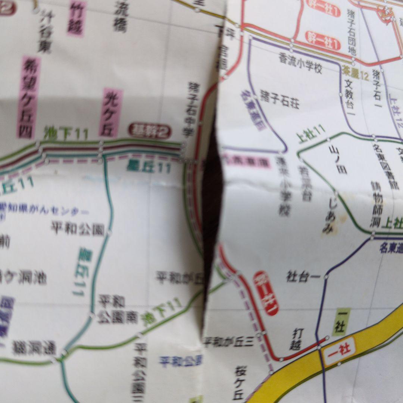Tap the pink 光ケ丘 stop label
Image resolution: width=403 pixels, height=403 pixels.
pos(110,112)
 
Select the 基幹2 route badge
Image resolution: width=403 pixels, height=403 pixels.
pos(150,131)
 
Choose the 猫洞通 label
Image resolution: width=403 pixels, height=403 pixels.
pos(34,349)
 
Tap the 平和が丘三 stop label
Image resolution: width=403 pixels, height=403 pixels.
pos(228,342)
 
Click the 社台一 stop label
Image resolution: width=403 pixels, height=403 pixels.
pos(303,277)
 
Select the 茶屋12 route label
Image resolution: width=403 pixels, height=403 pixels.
pos(354,77)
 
